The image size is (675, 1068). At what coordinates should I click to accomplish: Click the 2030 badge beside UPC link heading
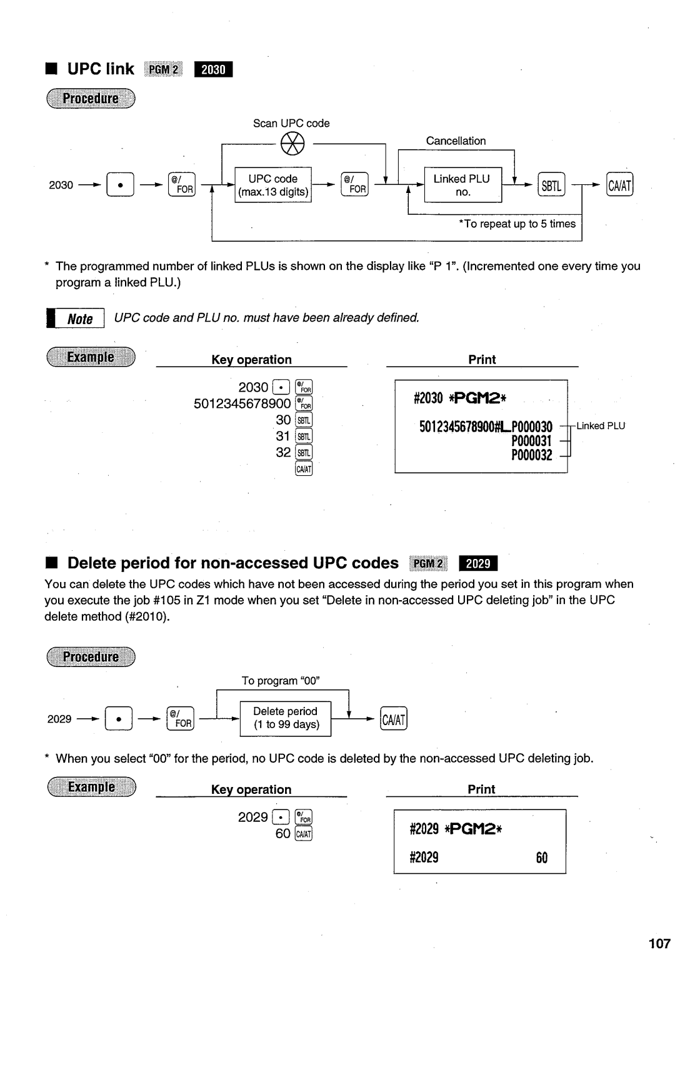[x=213, y=69]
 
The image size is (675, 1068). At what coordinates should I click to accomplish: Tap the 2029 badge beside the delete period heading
[x=478, y=563]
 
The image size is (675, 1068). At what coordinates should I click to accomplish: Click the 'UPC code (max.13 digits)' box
[x=273, y=185]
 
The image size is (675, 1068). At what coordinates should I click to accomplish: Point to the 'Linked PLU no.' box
[x=462, y=185]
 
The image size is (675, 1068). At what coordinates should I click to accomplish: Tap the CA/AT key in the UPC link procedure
[x=619, y=185]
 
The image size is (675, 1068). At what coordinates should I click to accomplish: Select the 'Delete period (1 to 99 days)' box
[x=286, y=718]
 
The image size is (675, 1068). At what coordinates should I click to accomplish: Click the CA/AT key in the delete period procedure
[x=394, y=719]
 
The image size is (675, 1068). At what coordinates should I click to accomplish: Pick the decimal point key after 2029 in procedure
[x=117, y=719]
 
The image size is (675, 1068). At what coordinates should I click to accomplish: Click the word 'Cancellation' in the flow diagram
[x=456, y=141]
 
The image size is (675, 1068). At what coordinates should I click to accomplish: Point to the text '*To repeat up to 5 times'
[x=517, y=224]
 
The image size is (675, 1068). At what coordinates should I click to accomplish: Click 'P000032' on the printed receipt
[x=531, y=456]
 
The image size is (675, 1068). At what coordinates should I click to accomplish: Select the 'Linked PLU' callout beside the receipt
[x=600, y=426]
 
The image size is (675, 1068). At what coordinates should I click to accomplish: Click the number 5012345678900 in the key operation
[x=242, y=403]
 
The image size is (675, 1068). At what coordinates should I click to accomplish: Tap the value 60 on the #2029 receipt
[x=541, y=858]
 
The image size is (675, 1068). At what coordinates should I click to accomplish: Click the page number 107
[x=659, y=943]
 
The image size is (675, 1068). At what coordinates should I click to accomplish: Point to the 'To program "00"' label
[x=281, y=681]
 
